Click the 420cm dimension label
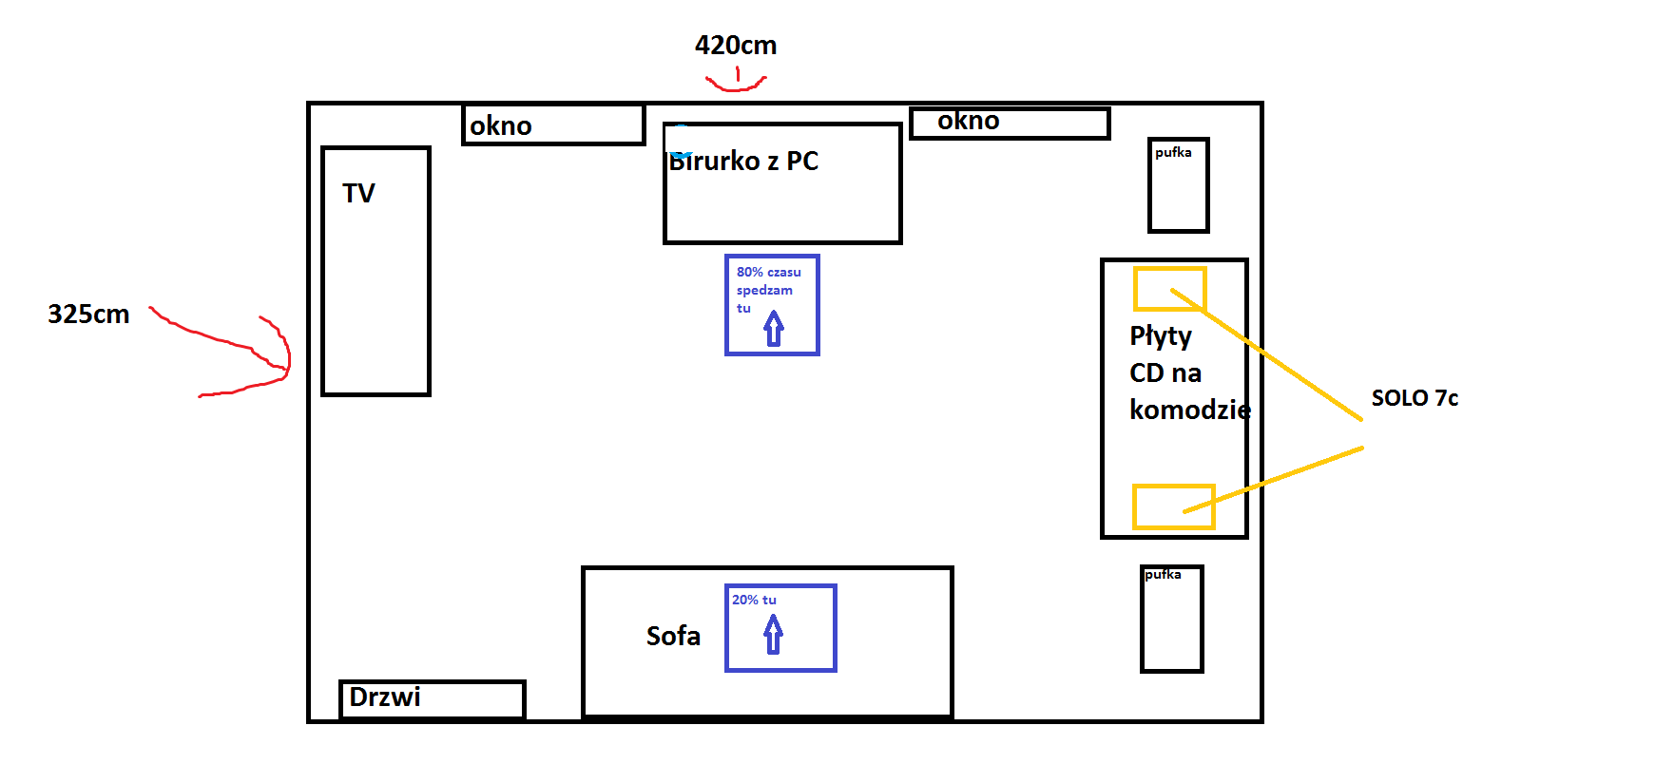coord(735,46)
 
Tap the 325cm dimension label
coord(88,315)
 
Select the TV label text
coord(358,194)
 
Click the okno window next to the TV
coord(553,124)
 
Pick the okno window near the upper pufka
coord(1010,123)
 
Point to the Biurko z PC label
coord(743,162)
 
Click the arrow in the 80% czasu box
coord(774,329)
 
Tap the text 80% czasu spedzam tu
coord(767,289)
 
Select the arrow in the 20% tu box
coord(774,635)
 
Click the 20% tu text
coord(754,600)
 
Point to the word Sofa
coord(673,636)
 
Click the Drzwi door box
coord(432,699)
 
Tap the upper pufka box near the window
coord(1178,185)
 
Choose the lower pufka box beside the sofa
coord(1172,620)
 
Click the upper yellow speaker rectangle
coord(1169,289)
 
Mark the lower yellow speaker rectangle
coord(1173,506)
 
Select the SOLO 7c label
coord(1414,398)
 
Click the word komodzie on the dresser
coord(1189,410)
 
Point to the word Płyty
coord(1160,336)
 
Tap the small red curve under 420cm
coord(736,86)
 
